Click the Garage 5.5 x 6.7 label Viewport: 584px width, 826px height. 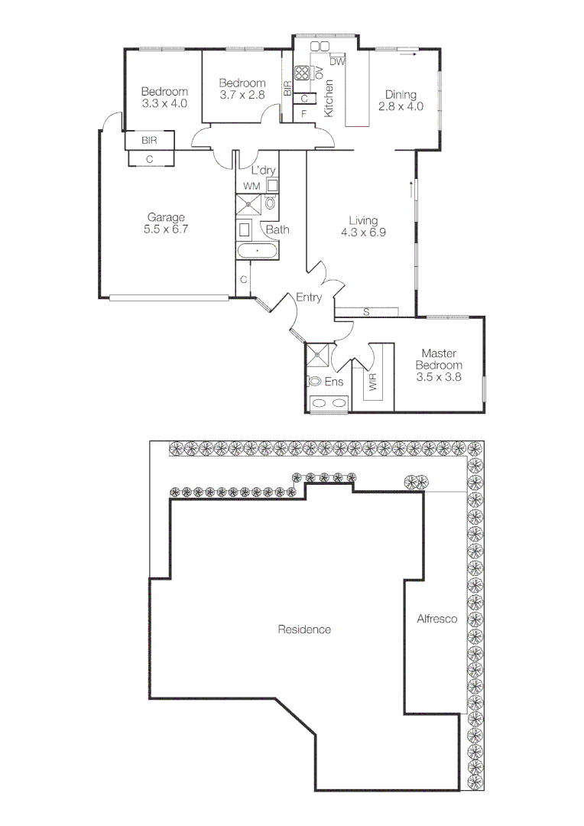point(167,223)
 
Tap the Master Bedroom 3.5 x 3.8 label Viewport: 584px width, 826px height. point(439,365)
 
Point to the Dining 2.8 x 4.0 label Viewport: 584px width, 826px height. point(401,100)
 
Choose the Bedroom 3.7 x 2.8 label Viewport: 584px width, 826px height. point(242,89)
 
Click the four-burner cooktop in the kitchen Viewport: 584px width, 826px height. point(301,73)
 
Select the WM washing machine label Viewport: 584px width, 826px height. point(251,186)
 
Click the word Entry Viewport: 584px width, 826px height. point(309,298)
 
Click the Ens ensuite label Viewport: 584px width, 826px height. point(334,381)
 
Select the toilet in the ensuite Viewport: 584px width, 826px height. point(314,381)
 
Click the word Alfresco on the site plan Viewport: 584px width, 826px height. point(436,619)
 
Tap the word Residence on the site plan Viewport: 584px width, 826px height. point(304,629)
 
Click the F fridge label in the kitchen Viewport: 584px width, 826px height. point(303,114)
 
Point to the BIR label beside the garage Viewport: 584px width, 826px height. point(149,141)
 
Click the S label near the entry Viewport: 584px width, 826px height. point(366,311)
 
